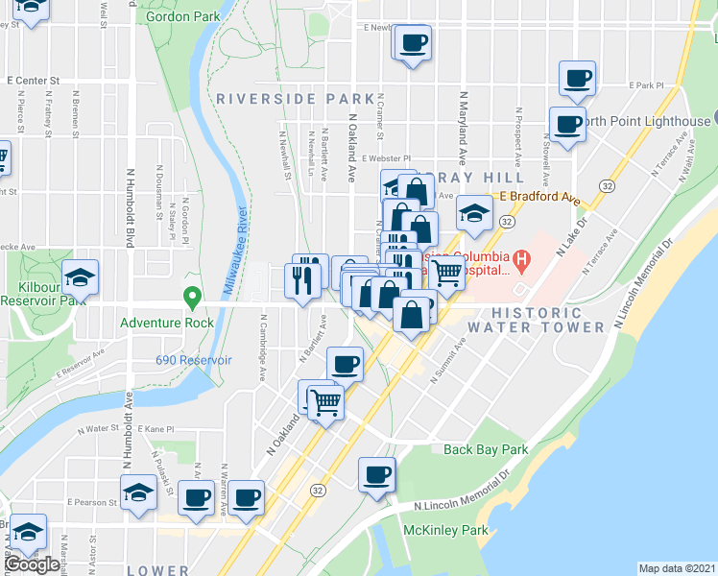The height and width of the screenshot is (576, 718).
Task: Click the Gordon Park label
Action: pyautogui.click(x=181, y=16)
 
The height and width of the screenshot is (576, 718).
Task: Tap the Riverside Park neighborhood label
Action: pyautogui.click(x=295, y=98)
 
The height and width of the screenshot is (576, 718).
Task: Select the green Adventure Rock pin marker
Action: pyautogui.click(x=192, y=300)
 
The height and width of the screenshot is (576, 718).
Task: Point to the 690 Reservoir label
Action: pyautogui.click(x=194, y=360)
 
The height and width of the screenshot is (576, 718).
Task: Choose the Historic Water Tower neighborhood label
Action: pyautogui.click(x=538, y=320)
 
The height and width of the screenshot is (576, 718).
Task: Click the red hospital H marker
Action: pyautogui.click(x=521, y=258)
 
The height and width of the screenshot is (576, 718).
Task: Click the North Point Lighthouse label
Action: pyautogui.click(x=649, y=121)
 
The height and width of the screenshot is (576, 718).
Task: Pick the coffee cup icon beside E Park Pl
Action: pyautogui.click(x=577, y=79)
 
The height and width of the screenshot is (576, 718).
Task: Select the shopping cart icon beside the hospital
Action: pyautogui.click(x=446, y=272)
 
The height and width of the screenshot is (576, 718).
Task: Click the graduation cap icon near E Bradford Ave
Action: pyautogui.click(x=473, y=213)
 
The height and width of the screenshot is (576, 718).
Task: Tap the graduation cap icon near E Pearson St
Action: pyautogui.click(x=139, y=493)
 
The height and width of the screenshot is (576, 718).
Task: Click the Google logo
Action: pyautogui.click(x=32, y=564)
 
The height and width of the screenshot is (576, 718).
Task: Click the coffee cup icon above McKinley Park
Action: pyautogui.click(x=377, y=474)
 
